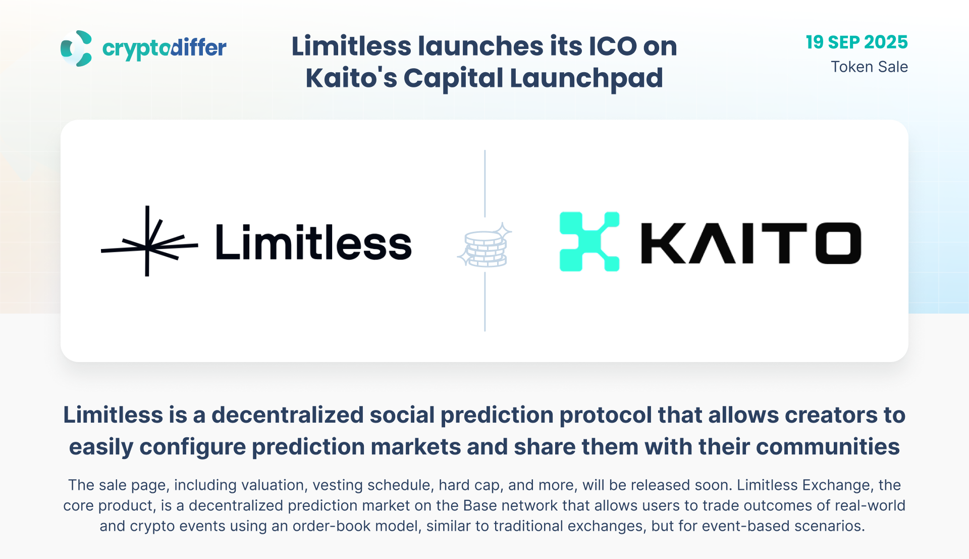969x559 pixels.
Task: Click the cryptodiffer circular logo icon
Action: [x=76, y=48]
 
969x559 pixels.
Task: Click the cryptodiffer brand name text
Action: [x=165, y=48]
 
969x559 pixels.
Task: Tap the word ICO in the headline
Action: [x=612, y=46]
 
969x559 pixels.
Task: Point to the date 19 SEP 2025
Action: [x=856, y=42]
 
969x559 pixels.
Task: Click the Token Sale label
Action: [x=869, y=67]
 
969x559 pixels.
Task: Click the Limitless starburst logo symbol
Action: [x=149, y=241]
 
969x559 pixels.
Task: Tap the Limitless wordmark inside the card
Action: [x=313, y=243]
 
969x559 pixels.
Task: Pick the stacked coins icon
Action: [x=484, y=245]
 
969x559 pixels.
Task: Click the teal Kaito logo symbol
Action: [x=589, y=241]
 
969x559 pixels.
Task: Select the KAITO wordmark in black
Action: [x=751, y=243]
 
